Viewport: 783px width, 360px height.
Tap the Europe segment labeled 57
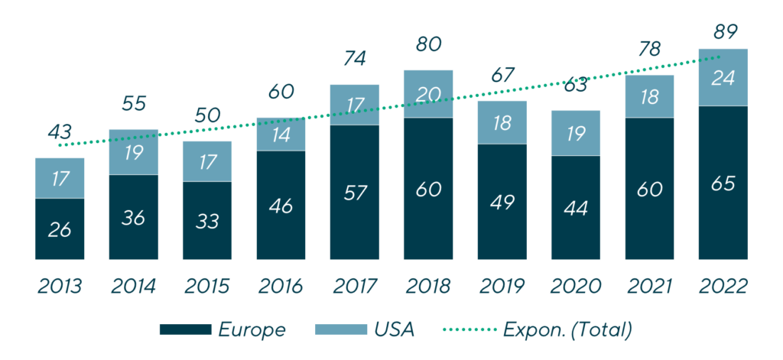[x=355, y=192]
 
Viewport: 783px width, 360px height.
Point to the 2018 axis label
[x=428, y=287]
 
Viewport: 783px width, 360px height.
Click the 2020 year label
[x=576, y=287]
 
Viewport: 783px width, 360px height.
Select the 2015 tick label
[x=207, y=287]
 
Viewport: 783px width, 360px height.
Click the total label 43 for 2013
[x=60, y=131]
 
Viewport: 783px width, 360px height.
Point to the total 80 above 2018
[x=428, y=44]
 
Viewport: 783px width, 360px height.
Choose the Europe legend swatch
[x=185, y=329]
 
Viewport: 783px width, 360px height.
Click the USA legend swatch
[x=340, y=329]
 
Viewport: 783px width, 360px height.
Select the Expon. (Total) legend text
[x=567, y=329]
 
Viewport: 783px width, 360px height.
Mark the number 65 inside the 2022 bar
[x=723, y=183]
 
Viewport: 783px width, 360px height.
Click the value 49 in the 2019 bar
[x=502, y=202]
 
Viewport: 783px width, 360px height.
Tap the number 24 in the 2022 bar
[x=723, y=78]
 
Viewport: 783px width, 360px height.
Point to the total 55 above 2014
[x=134, y=103]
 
